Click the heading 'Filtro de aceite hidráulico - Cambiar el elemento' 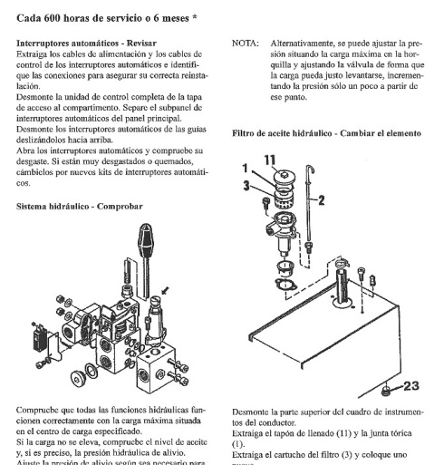tap(326, 133)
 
